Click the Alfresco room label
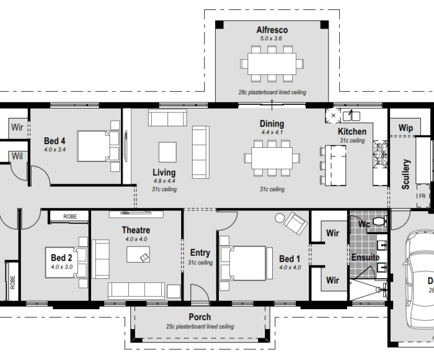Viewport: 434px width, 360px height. coord(272,30)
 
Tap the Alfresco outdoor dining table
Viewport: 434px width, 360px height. coord(273,63)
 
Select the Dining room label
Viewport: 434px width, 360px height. coord(272,124)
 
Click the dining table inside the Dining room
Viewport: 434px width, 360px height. coord(271,155)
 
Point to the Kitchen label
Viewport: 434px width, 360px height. coord(352,132)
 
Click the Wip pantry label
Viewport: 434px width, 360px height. coord(405,128)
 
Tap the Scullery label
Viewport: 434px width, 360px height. coord(406,174)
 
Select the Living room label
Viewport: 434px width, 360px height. coord(164,173)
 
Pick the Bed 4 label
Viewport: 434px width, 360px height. coord(55,141)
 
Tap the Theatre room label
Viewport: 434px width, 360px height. coord(136,230)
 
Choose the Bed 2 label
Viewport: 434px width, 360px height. coord(62,258)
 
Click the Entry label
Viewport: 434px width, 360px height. coord(200,253)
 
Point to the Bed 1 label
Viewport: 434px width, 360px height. coord(290,259)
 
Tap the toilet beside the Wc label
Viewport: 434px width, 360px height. coord(379,222)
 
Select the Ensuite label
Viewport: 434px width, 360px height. coord(365,257)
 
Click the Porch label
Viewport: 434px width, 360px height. coord(200,317)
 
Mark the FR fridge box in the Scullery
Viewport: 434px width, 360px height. coord(422,196)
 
